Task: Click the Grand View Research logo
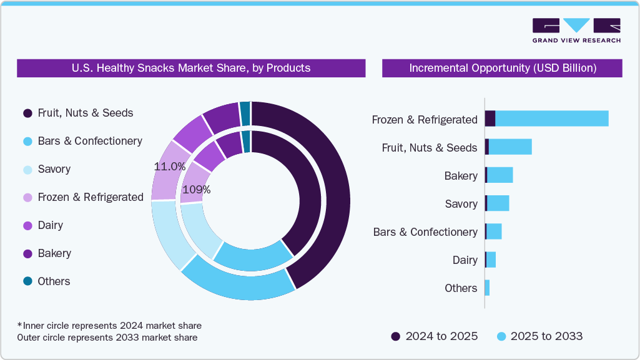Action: coord(576,30)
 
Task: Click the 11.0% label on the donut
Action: coord(170,167)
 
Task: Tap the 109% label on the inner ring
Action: coord(195,190)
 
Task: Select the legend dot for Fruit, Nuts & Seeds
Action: coord(27,113)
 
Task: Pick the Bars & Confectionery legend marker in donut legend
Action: coord(27,141)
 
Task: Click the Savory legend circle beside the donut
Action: coord(27,169)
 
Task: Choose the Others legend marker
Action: coord(27,281)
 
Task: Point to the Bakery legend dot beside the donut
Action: coord(27,253)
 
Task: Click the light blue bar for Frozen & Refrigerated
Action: coord(551,119)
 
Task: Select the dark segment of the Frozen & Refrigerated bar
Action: coord(490,119)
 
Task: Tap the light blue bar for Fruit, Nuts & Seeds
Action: coord(510,147)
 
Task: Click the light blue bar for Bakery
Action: coord(500,175)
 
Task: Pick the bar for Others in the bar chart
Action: coord(487,288)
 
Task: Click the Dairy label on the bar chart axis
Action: coord(465,260)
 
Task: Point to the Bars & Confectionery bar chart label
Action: coord(425,232)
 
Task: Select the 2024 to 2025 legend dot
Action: coord(396,336)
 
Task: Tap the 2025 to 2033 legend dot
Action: coord(501,336)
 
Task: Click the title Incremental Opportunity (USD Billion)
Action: coord(502,68)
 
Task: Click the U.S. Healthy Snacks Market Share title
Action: coord(191,68)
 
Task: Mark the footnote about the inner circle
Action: coord(109,326)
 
